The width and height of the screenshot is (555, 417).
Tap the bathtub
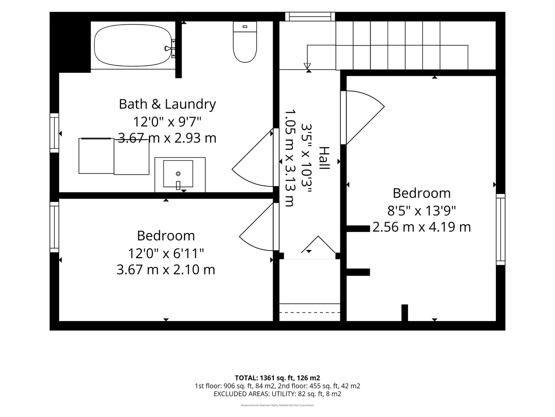[x=133, y=45]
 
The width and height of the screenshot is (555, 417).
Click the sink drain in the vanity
[x=178, y=174]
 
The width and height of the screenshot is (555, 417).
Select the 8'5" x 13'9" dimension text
[x=421, y=211]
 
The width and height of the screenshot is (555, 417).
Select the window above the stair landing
[x=310, y=17]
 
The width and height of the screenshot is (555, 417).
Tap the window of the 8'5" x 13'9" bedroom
[x=501, y=229]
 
